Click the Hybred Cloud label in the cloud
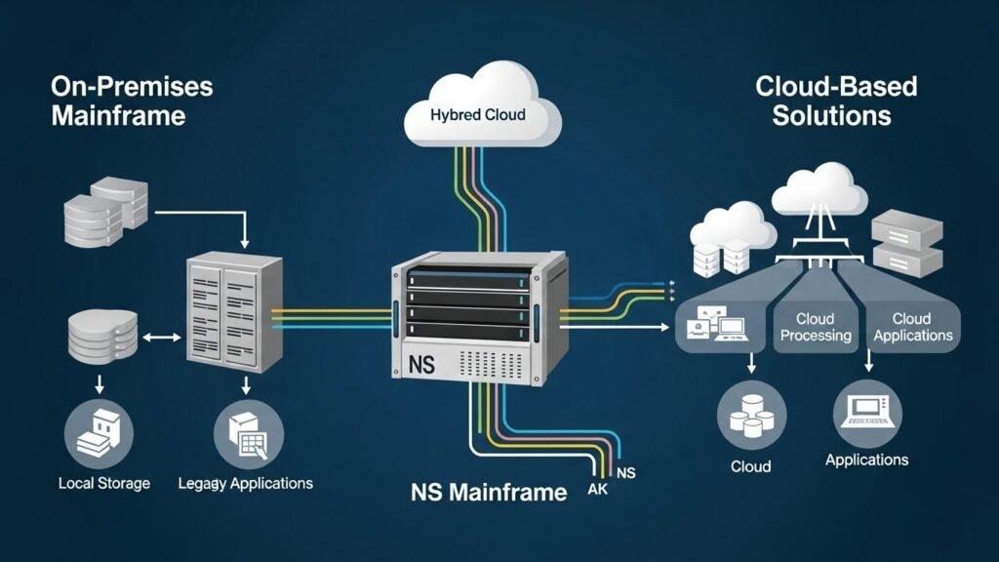(x=478, y=115)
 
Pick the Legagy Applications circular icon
(x=249, y=430)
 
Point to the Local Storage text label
(x=104, y=483)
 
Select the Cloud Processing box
(x=815, y=327)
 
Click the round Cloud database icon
(x=751, y=414)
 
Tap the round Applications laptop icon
(x=867, y=412)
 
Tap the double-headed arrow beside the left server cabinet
(x=163, y=338)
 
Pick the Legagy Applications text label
(x=247, y=483)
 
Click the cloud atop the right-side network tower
(x=819, y=190)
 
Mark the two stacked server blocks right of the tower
(x=906, y=241)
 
